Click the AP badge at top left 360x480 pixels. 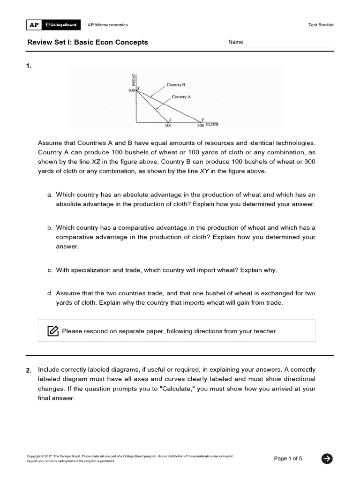pyautogui.click(x=34, y=25)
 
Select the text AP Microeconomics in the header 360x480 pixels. pyautogui.click(x=108, y=25)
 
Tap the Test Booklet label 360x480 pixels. pyautogui.click(x=321, y=25)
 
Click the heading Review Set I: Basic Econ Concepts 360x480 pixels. pyautogui.click(x=88, y=42)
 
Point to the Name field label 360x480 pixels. pyautogui.click(x=236, y=42)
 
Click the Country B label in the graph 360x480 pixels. pyautogui.click(x=176, y=85)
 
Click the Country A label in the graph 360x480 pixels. pyautogui.click(x=181, y=97)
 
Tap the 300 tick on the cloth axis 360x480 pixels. pyautogui.click(x=201, y=126)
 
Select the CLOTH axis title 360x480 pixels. pyautogui.click(x=212, y=125)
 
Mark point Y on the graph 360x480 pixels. pyautogui.click(x=202, y=120)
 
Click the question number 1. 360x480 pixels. pyautogui.click(x=29, y=66)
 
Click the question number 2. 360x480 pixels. pyautogui.click(x=29, y=370)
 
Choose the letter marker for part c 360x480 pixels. pyautogui.click(x=49, y=270)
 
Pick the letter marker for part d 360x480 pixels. pyautogui.click(x=49, y=293)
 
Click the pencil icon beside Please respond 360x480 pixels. pyautogui.click(x=53, y=331)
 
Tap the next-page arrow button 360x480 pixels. pyautogui.click(x=327, y=459)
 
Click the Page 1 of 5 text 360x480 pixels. pyautogui.click(x=288, y=459)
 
